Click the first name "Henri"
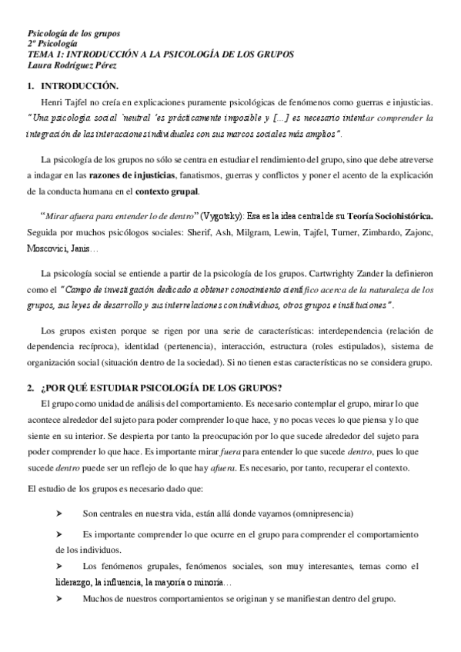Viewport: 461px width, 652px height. point(54,102)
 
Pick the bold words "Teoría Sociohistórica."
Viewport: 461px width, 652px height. point(390,216)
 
